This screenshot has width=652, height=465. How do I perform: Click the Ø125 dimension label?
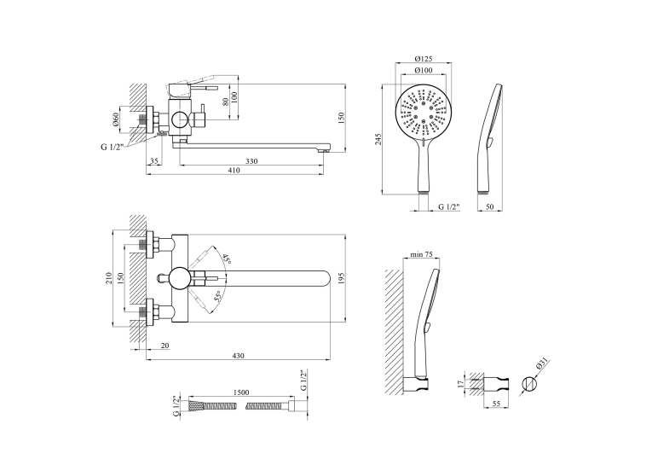coord(424,59)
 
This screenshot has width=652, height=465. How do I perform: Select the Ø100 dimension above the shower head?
coord(424,70)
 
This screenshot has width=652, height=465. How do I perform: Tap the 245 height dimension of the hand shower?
coord(378,139)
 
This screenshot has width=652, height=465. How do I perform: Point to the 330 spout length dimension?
coord(251,161)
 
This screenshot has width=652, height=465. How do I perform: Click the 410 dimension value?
coord(234,171)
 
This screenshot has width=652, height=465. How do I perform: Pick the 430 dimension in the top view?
coord(238,356)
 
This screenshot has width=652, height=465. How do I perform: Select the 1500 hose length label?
coord(241,392)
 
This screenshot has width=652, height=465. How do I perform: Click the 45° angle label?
coord(227,259)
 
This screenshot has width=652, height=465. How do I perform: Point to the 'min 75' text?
coord(422,254)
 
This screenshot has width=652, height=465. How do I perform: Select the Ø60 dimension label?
coord(116,119)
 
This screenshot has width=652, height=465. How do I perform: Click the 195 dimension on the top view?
coord(342,277)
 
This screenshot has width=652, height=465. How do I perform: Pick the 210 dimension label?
coord(109,277)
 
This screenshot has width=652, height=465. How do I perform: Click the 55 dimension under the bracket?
coord(496,404)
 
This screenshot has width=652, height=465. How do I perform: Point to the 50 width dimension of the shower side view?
coord(490,206)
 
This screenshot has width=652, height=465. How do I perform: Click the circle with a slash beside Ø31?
coord(529,383)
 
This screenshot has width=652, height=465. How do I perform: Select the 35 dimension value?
coord(154,161)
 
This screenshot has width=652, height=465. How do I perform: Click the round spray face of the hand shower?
coord(423,113)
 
